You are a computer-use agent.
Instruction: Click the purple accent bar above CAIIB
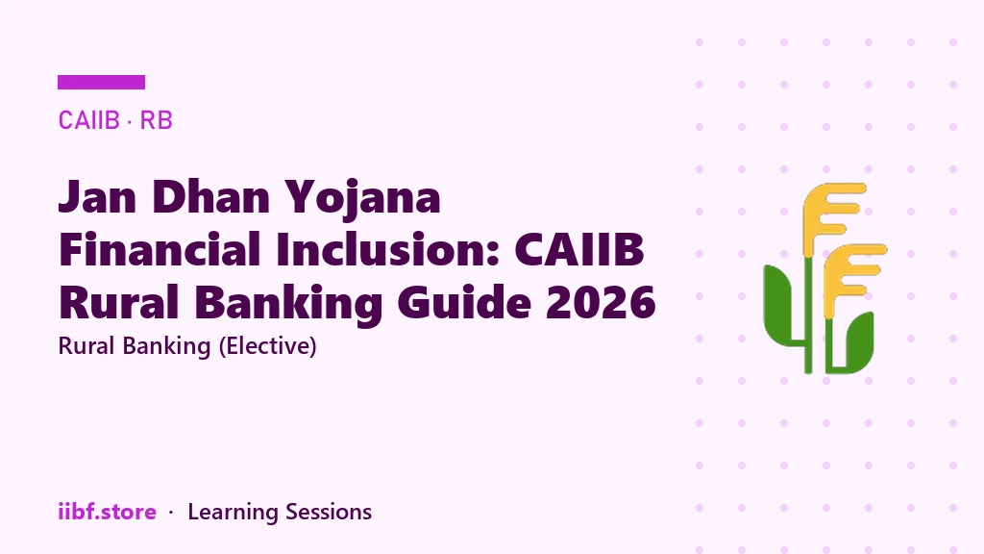tap(101, 83)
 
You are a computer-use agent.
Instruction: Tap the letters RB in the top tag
tap(156, 120)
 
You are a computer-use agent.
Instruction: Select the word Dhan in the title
tap(210, 197)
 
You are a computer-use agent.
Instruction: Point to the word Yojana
tap(362, 199)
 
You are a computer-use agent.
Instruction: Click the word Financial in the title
tap(160, 249)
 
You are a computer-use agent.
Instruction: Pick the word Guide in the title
tap(464, 302)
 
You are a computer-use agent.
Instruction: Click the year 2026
tap(601, 302)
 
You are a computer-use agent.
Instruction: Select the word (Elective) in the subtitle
tap(267, 346)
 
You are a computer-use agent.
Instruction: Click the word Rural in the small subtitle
tap(87, 346)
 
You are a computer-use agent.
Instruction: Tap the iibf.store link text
tap(107, 512)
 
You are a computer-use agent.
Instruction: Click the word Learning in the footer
tap(233, 513)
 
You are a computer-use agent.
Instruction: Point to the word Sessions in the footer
tap(329, 512)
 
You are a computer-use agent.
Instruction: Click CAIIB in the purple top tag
tap(88, 120)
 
